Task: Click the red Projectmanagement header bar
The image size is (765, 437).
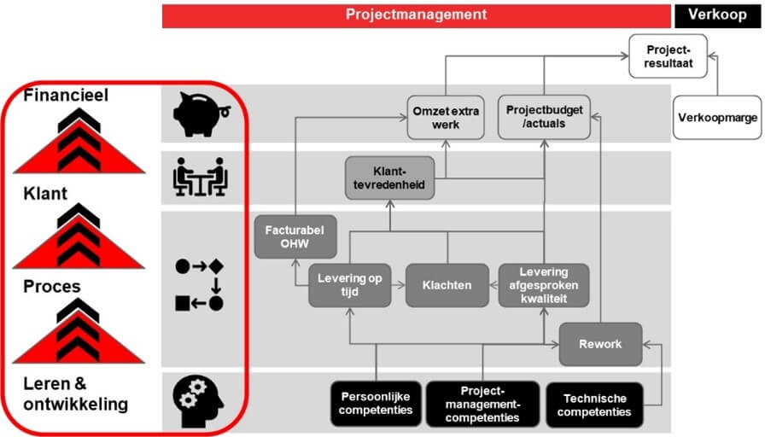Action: (416, 15)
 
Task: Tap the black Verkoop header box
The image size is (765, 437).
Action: (717, 15)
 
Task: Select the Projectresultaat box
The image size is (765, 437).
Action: (668, 56)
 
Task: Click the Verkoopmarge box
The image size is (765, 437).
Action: (717, 118)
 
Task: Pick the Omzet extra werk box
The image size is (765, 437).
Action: (446, 118)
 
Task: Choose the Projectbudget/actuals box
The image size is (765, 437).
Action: (544, 118)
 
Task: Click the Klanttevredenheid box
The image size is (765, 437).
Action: (389, 178)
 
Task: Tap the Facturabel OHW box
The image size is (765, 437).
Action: (295, 236)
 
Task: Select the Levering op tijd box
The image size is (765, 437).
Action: (349, 285)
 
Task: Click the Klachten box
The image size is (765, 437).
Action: (447, 285)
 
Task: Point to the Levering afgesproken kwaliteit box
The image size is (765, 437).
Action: (544, 285)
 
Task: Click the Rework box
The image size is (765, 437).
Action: (600, 344)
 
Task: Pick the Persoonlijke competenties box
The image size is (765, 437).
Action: (376, 404)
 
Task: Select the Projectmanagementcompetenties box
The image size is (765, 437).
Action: (482, 404)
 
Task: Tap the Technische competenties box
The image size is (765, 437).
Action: (594, 405)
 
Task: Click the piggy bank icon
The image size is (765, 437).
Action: (201, 114)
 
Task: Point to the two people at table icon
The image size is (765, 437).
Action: (201, 177)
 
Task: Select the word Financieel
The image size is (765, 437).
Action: (66, 95)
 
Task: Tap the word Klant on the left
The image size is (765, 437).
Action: (45, 194)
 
